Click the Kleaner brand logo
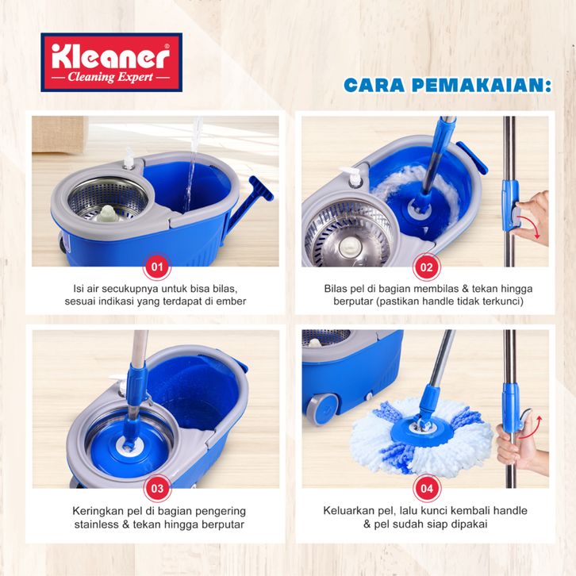(112, 62)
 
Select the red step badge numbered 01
(157, 267)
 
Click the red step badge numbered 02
(427, 267)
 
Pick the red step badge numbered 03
(157, 488)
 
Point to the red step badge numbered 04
(427, 488)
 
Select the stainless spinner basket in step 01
(108, 200)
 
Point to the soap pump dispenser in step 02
(352, 176)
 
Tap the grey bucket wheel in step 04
(322, 409)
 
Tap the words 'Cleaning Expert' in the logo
(110, 77)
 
